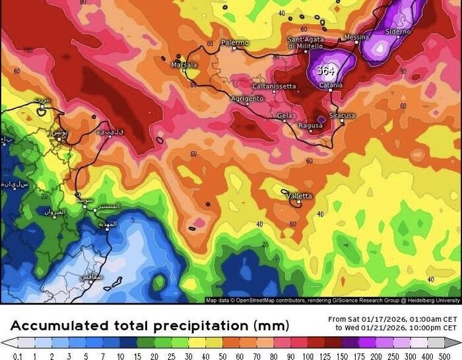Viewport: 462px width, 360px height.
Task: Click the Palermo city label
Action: click(x=235, y=43)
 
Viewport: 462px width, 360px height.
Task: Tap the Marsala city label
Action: click(x=183, y=65)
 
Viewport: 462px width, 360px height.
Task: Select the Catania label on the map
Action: click(x=331, y=85)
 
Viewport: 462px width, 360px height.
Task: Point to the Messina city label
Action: click(x=356, y=38)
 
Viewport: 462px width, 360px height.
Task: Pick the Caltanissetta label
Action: click(x=274, y=86)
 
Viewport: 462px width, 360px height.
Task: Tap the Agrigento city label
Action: click(x=247, y=99)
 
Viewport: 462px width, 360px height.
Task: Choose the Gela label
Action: click(x=284, y=115)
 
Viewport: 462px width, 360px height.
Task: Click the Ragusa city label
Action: click(x=310, y=125)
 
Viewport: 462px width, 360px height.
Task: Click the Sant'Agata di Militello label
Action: click(x=305, y=43)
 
